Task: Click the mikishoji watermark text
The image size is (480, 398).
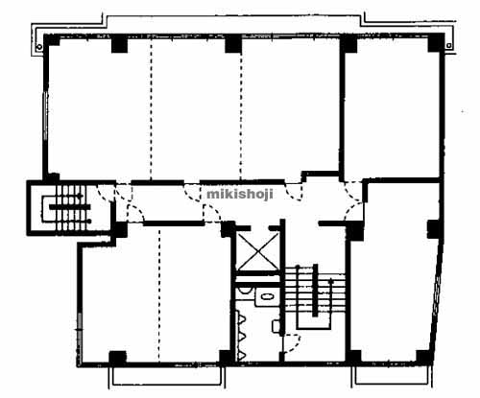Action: [240, 194]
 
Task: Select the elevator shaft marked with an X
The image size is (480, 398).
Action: [258, 251]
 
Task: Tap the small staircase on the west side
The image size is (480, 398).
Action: [67, 208]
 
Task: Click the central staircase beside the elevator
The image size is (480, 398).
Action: [315, 296]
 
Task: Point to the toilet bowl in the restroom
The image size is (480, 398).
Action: [245, 291]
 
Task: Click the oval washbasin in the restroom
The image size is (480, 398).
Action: [267, 296]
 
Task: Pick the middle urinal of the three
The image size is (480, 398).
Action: [241, 336]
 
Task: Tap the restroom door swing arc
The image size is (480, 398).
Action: [295, 342]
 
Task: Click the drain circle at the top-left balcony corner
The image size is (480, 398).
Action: [39, 47]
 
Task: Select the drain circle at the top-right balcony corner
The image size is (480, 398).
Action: [449, 46]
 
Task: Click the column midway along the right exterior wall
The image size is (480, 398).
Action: [435, 228]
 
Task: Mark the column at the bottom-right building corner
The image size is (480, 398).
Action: [424, 357]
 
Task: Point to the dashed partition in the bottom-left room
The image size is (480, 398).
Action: [159, 294]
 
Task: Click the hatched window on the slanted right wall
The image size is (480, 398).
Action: [437, 296]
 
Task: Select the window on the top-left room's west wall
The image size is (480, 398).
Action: [45, 116]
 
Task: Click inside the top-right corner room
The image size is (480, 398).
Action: [392, 108]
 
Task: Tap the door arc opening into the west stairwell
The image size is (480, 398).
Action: [103, 194]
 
